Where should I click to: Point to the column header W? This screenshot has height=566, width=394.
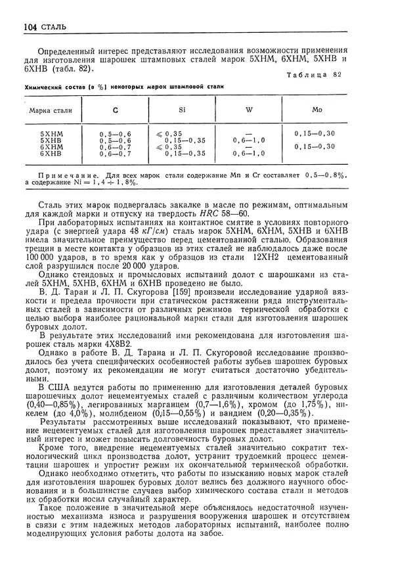click(x=249, y=109)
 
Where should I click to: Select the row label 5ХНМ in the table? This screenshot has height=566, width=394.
click(x=51, y=133)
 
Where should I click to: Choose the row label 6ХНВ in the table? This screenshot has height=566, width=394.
click(x=51, y=153)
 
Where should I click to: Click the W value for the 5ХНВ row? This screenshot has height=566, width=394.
click(x=250, y=140)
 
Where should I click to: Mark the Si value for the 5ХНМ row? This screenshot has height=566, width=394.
click(x=173, y=133)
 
